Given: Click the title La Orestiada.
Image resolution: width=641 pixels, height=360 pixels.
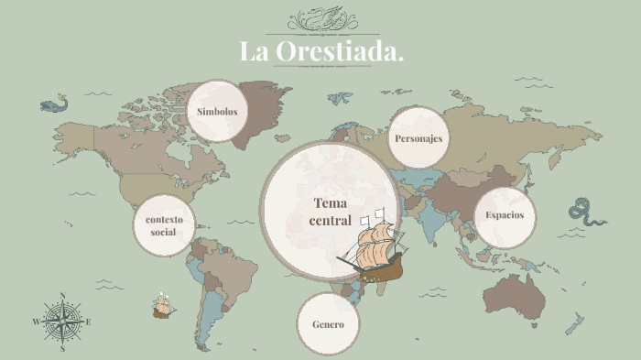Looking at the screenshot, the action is coord(321,52).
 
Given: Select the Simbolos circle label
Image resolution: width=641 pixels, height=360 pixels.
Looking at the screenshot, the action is coord(217,112).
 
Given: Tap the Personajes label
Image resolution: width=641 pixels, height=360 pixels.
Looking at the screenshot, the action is coord(418,138).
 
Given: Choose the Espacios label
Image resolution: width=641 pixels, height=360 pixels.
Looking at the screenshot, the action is coord(505,215).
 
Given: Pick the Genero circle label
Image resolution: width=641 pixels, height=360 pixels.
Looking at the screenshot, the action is coord(328,324).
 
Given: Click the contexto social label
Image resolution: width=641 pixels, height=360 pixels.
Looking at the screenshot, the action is coord(164,225).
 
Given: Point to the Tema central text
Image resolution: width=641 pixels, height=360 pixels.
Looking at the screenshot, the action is coord(331,212).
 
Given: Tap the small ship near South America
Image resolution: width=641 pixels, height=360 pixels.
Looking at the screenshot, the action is coord(164,305).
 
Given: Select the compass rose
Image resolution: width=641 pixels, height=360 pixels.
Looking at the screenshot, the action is coord(62,322).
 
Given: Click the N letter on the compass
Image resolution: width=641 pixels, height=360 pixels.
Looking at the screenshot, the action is coord(62,296).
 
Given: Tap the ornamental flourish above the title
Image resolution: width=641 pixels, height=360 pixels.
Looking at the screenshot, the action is coord(321,19).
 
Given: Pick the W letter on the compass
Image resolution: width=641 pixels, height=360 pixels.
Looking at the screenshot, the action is coord(37,322).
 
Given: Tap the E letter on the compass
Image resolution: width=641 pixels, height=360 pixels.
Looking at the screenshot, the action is coord(89,322).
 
